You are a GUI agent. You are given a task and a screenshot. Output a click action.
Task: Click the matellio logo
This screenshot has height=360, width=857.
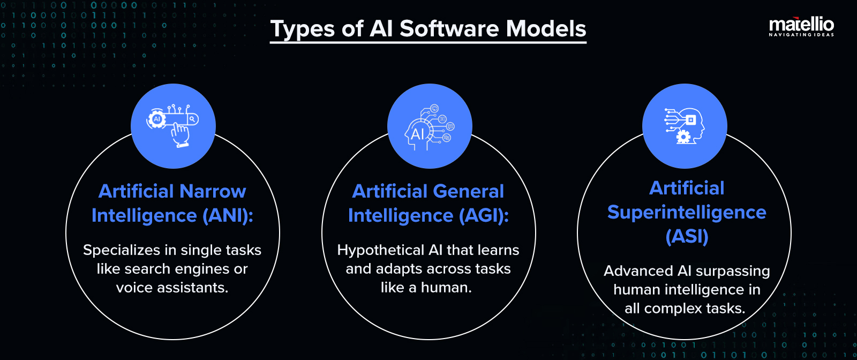point(801,24)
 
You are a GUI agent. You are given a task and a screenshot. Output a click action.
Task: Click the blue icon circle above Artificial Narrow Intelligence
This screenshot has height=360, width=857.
point(173,126)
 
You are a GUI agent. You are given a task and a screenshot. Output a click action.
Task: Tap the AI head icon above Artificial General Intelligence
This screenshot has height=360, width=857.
point(428,126)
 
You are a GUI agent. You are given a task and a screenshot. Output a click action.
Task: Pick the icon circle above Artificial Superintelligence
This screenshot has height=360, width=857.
point(685,126)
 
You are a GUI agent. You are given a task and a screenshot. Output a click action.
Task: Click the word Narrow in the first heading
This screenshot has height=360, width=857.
point(213,191)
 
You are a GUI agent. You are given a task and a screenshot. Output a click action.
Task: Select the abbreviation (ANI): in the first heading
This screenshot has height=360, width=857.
point(228,215)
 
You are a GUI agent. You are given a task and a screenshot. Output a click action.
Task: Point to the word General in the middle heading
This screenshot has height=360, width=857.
point(469,191)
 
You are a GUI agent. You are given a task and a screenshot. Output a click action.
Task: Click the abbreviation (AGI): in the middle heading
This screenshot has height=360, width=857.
point(484,215)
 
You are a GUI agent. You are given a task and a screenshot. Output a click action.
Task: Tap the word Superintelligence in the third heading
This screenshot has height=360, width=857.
point(687,212)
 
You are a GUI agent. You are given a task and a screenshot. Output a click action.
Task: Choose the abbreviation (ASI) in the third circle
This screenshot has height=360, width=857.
point(687,236)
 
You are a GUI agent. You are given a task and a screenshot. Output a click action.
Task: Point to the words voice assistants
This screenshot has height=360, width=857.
point(172,288)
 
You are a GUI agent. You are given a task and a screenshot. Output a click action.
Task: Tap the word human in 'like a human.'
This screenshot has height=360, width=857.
point(446,288)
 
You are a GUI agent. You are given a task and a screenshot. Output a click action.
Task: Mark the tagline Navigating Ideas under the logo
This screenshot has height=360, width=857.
point(801,35)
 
